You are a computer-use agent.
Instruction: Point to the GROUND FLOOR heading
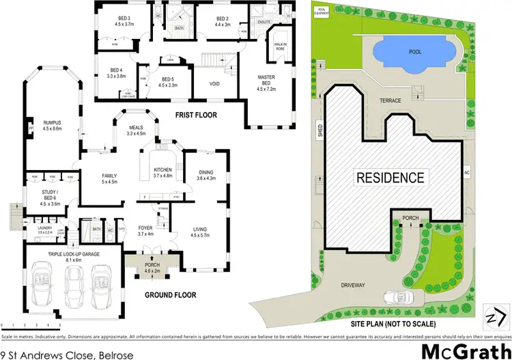171,295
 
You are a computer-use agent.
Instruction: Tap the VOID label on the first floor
212,85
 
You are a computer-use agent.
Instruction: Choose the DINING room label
206,175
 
